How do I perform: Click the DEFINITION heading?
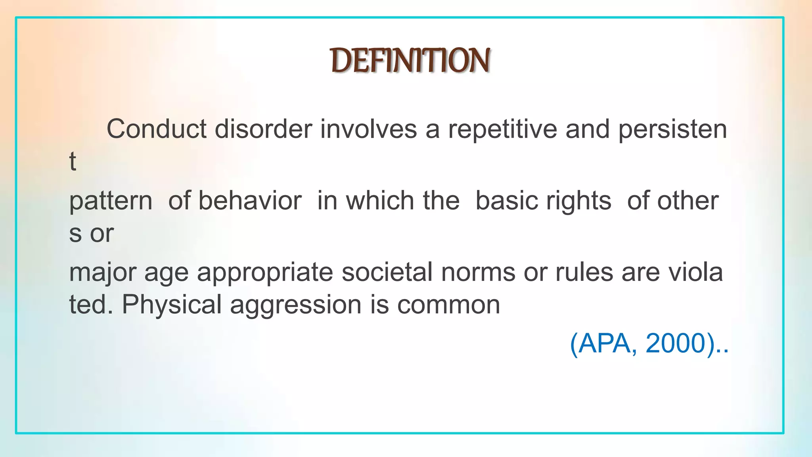(x=410, y=60)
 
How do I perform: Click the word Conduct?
(x=156, y=129)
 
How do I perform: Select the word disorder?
(x=263, y=129)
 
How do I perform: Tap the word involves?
(x=368, y=129)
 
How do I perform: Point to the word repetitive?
(x=502, y=129)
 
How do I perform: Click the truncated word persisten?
(x=672, y=129)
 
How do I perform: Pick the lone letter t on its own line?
(x=73, y=161)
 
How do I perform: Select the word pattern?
(x=111, y=201)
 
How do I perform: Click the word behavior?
(x=250, y=200)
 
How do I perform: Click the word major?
(x=102, y=273)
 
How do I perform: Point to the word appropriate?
(x=265, y=273)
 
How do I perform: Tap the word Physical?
(x=171, y=305)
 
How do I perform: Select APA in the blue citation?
(x=604, y=343)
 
